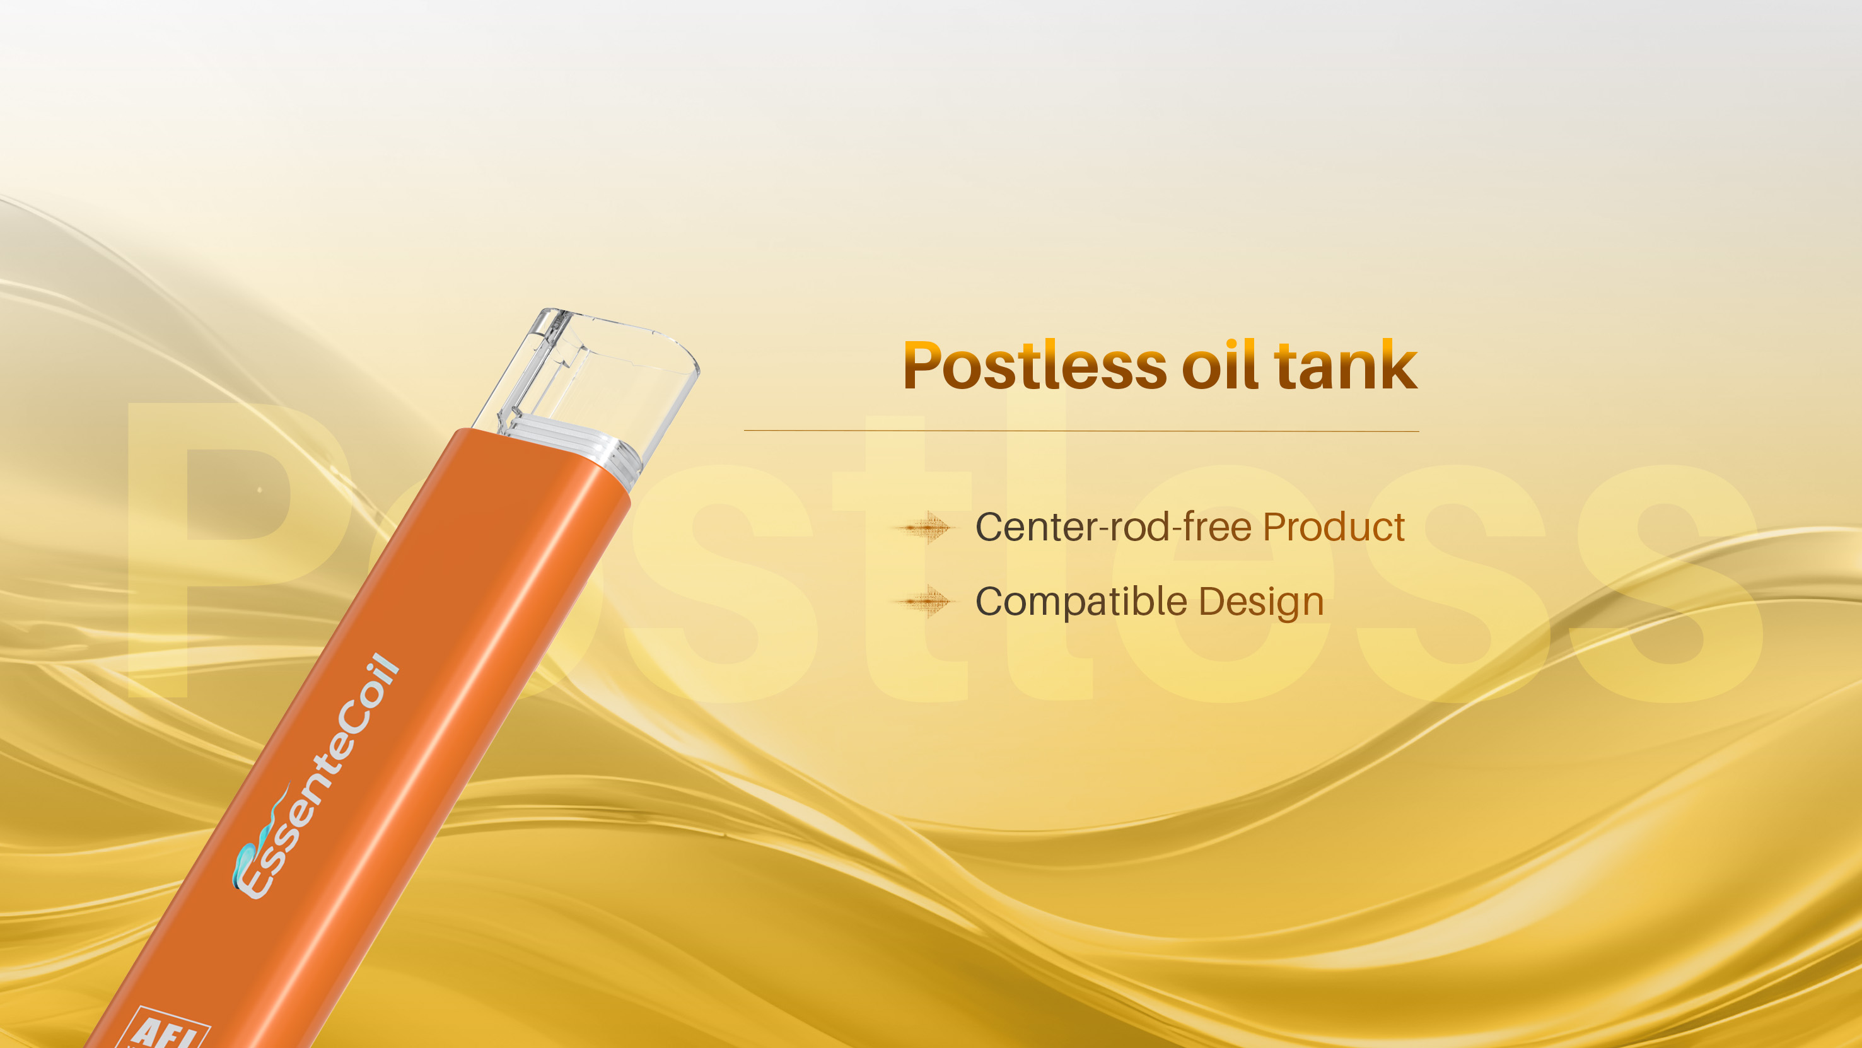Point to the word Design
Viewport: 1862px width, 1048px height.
pos(1261,602)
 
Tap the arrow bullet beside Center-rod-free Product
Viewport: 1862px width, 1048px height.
pos(925,528)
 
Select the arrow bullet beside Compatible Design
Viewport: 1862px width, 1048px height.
pos(925,602)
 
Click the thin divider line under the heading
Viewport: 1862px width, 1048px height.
pos(1081,431)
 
